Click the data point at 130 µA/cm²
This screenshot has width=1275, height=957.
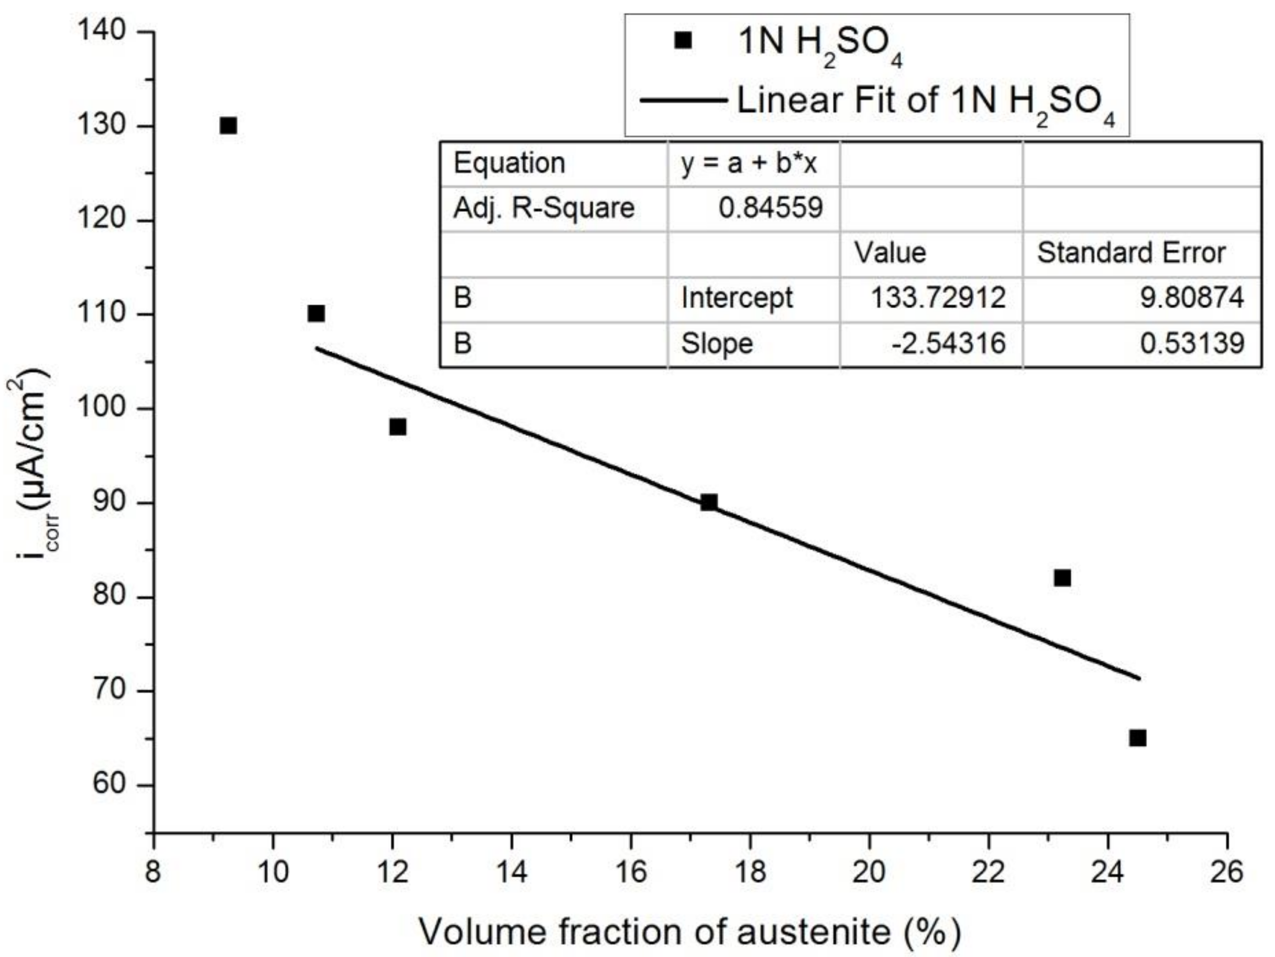[x=228, y=125]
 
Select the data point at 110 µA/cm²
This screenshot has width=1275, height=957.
[x=316, y=313]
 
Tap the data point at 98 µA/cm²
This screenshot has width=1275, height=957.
[x=398, y=427]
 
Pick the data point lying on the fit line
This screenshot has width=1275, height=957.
[x=709, y=502]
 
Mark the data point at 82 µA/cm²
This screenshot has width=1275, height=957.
[x=1062, y=578]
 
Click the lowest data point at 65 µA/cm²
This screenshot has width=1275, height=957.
[x=1137, y=738]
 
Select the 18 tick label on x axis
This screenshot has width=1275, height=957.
[x=750, y=872]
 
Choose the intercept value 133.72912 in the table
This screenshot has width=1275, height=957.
[x=938, y=298]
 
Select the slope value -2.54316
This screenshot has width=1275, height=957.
[x=948, y=343]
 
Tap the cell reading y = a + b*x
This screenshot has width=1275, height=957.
[x=749, y=163]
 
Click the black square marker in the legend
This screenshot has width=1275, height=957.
[x=683, y=41]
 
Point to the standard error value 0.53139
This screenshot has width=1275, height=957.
[x=1192, y=343]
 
